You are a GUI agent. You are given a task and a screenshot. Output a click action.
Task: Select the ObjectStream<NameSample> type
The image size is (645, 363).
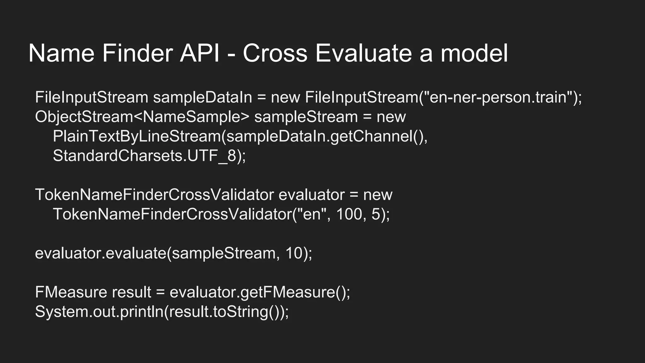tap(142, 117)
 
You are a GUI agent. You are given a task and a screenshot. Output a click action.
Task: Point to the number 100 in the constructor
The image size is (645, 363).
tap(349, 214)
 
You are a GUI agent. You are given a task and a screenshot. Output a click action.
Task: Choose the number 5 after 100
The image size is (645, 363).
tap(376, 214)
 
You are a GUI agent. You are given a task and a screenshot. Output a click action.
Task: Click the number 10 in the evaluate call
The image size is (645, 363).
tap(294, 253)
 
